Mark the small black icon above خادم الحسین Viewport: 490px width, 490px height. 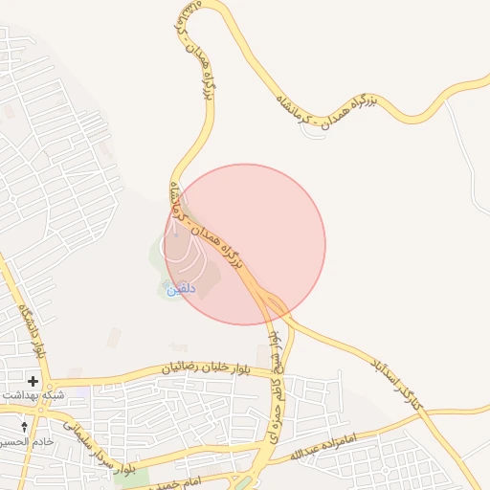click(26, 425)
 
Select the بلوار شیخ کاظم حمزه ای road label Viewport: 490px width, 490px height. click(276, 377)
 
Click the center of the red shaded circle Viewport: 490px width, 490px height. click(245, 244)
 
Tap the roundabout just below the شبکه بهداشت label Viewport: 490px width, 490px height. click(43, 407)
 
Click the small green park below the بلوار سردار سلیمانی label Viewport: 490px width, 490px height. click(125, 475)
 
